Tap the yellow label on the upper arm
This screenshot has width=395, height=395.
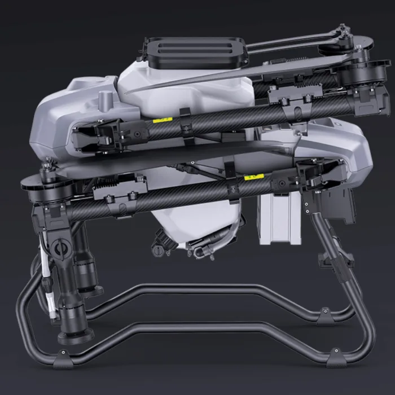coord(163,120)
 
